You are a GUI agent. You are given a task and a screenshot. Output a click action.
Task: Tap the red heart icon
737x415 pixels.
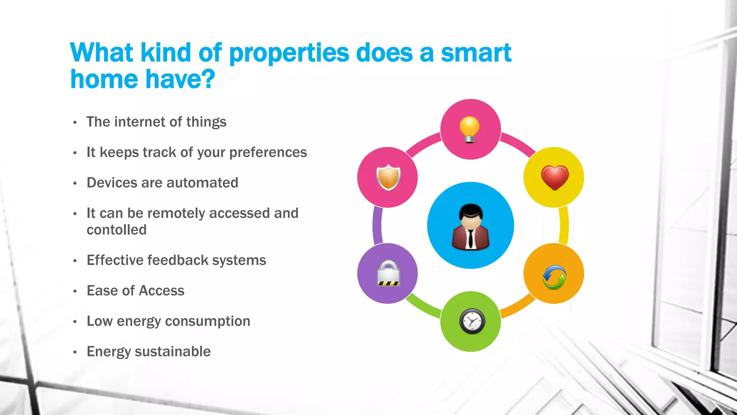(x=555, y=177)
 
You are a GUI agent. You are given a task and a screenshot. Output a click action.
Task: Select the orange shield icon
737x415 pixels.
(x=388, y=177)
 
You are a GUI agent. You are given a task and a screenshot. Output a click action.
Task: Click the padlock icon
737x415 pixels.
(x=388, y=273)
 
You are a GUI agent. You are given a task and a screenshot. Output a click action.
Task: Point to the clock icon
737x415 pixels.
(x=472, y=321)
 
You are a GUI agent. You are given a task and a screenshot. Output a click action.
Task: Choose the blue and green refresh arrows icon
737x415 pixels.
(x=554, y=277)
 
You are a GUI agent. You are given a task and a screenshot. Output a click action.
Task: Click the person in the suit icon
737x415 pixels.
(x=470, y=227)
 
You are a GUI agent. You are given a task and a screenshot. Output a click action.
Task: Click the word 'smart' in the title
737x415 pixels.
(x=476, y=53)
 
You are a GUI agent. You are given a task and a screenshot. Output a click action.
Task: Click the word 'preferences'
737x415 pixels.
(x=268, y=153)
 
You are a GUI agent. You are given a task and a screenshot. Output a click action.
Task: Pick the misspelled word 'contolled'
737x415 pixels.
(x=117, y=230)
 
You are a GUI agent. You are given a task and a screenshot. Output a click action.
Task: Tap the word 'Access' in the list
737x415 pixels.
(x=162, y=291)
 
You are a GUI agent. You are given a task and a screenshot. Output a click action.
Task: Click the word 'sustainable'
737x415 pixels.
(x=172, y=352)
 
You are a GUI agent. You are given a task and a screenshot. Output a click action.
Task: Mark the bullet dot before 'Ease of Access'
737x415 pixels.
(x=75, y=291)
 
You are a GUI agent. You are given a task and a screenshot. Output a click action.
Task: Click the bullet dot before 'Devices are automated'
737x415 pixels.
(x=75, y=183)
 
